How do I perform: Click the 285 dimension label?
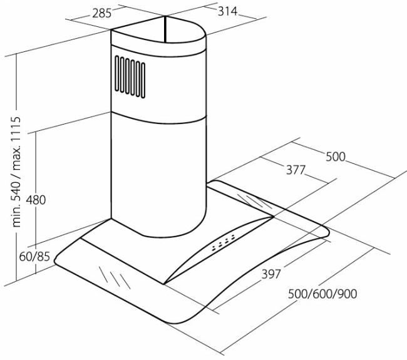102,14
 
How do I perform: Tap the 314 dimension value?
227,11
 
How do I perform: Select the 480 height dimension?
36,200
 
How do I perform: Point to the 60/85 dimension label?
34,257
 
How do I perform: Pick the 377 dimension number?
296,170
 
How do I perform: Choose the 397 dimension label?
271,274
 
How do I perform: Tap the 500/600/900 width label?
322,294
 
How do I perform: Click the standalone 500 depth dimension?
336,157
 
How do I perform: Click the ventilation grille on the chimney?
130,77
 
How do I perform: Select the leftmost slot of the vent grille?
117,73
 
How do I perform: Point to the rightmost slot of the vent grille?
143,81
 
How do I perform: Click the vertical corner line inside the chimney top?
165,29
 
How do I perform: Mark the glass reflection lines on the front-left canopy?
114,277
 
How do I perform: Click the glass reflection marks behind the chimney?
255,202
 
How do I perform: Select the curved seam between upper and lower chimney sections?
158,118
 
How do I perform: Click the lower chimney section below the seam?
158,177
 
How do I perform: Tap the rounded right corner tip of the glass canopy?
327,232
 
